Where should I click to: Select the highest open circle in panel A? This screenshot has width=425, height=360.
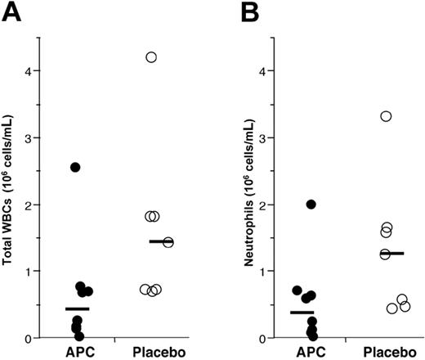pos(151,56)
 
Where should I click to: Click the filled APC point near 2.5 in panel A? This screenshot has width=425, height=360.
pos(75,167)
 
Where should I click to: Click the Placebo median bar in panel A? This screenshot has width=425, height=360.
pos(161,241)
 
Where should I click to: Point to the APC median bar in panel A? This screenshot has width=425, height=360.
pos(77,308)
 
